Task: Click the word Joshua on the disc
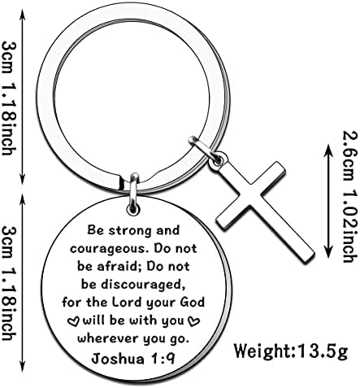[x=118, y=359]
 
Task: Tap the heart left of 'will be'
[x=73, y=321]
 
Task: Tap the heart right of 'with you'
[x=194, y=321]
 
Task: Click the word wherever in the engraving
[x=107, y=339]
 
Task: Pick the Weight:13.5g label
[x=291, y=351]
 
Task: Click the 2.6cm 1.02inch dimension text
[x=349, y=196]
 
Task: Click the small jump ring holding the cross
[x=205, y=150]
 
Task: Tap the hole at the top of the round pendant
[x=133, y=209]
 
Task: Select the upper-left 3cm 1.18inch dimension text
[x=9, y=98]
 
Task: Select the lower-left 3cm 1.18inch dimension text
[x=9, y=283]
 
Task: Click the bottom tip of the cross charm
[x=309, y=260]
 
